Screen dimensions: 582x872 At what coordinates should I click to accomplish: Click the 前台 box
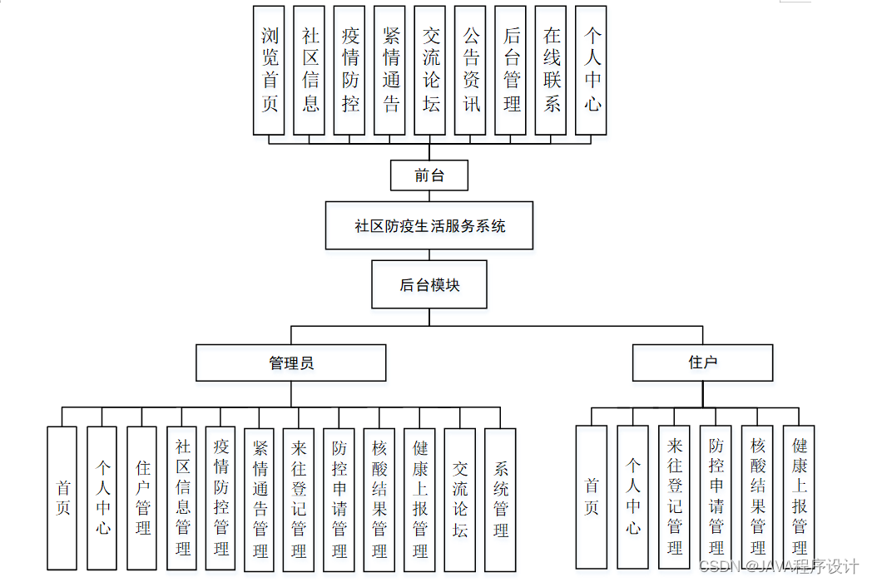pyautogui.click(x=429, y=175)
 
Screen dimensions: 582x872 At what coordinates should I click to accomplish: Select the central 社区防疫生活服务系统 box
pyautogui.click(x=429, y=225)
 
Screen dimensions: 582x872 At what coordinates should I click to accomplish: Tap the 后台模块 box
pyautogui.click(x=429, y=285)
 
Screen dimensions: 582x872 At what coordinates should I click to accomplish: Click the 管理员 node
pyautogui.click(x=291, y=363)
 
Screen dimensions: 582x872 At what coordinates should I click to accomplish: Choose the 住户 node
pyautogui.click(x=703, y=363)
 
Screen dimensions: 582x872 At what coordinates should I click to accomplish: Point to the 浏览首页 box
pyautogui.click(x=269, y=71)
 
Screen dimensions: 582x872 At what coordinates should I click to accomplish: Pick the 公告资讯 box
pyautogui.click(x=471, y=71)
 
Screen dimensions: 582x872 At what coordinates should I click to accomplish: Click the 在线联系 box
pyautogui.click(x=552, y=71)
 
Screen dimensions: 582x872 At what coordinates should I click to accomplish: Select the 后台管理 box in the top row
pyautogui.click(x=511, y=71)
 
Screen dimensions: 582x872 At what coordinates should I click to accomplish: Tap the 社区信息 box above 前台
pyautogui.click(x=310, y=71)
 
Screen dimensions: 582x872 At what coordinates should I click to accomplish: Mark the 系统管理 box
pyautogui.click(x=500, y=499)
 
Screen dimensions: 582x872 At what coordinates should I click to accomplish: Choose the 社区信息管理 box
pyautogui.click(x=182, y=499)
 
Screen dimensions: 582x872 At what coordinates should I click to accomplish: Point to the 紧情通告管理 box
pyautogui.click(x=260, y=499)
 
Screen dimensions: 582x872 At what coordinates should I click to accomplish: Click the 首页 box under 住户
pyautogui.click(x=592, y=497)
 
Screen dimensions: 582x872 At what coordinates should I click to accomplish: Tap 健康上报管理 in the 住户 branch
pyautogui.click(x=799, y=497)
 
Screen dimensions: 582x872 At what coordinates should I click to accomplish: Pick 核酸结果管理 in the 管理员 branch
pyautogui.click(x=379, y=499)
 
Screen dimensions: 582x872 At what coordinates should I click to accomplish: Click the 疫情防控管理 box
pyautogui.click(x=220, y=499)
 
